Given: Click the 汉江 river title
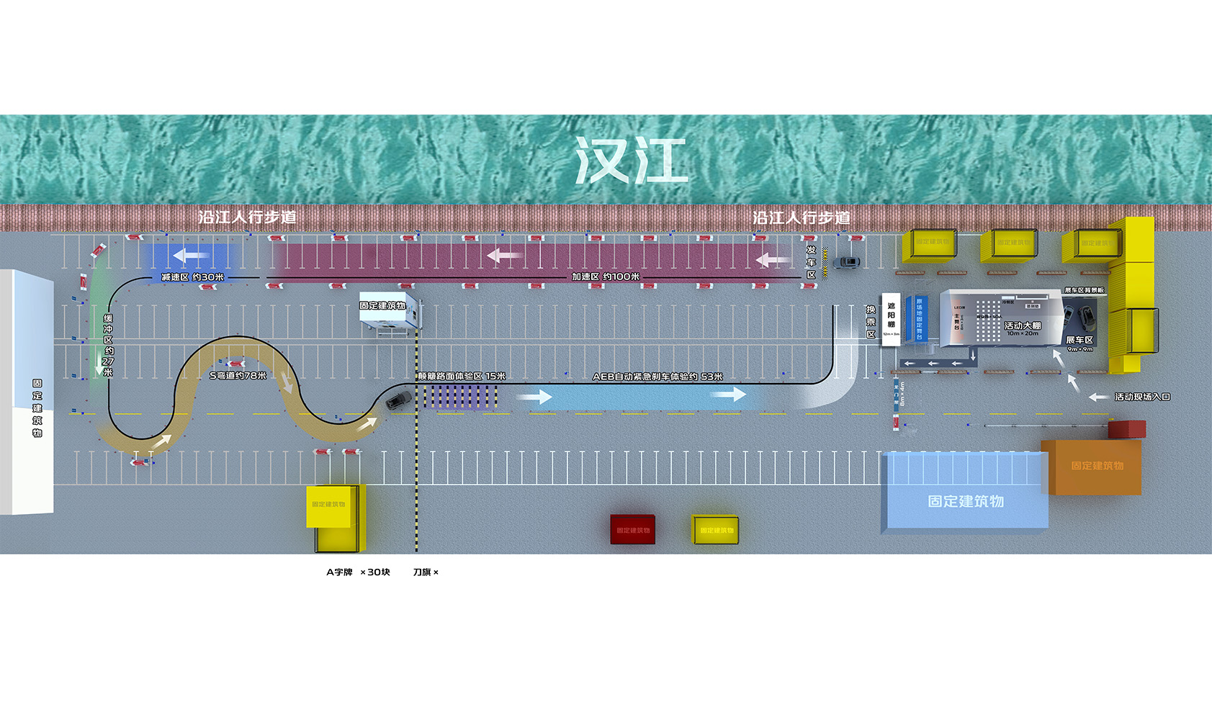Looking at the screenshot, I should click(x=630, y=161).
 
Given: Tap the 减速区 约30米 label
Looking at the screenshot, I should click(x=192, y=277).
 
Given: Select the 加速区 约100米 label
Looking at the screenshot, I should click(x=606, y=276).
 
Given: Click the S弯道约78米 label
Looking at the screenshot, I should click(x=238, y=376).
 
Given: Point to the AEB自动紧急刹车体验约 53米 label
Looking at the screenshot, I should click(x=657, y=377).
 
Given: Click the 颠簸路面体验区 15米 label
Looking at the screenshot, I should click(x=462, y=377).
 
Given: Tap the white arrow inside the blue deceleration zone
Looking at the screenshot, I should click(x=191, y=255).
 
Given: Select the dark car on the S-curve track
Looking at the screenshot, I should click(x=398, y=400).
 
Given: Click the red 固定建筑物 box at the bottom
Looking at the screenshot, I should click(x=632, y=529).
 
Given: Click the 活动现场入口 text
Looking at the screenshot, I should click(x=1142, y=397).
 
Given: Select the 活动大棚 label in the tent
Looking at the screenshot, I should click(x=1023, y=326).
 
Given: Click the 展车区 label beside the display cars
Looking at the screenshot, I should click(x=1079, y=340).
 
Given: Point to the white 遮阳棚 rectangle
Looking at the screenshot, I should click(x=891, y=319).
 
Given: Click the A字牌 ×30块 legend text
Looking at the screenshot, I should click(x=358, y=572).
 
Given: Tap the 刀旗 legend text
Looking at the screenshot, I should click(x=425, y=572).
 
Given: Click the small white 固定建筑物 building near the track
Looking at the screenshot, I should click(x=389, y=312).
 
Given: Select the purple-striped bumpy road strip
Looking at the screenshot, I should click(x=460, y=397).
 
